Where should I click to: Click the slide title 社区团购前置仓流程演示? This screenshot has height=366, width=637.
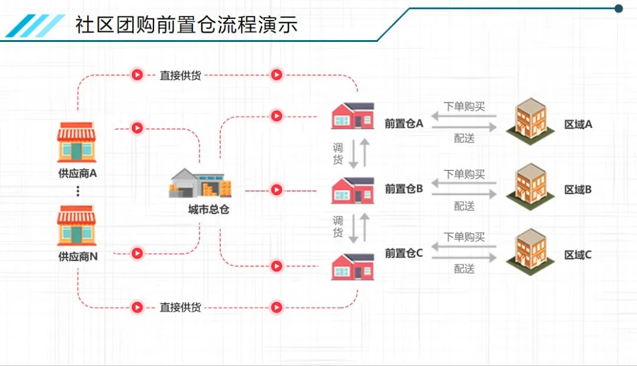186,25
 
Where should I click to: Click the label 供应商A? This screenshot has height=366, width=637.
77,174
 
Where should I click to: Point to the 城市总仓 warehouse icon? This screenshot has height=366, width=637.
200,183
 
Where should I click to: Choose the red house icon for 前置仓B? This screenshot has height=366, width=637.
353,190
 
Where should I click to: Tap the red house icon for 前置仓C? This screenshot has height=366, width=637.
353,266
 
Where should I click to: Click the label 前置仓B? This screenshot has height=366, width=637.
404,189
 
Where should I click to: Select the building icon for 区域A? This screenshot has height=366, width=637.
530,122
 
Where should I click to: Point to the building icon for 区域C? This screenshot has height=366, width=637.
530,252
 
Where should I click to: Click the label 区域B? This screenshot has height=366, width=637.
578,190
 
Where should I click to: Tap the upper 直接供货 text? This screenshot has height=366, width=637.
180,75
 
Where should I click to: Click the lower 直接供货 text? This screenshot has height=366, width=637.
180,308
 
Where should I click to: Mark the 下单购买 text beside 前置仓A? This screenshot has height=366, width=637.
464,107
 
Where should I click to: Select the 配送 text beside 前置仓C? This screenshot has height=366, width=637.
464,269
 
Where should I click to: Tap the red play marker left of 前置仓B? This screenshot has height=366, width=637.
276,190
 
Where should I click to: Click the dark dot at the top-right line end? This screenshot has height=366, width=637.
619,9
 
